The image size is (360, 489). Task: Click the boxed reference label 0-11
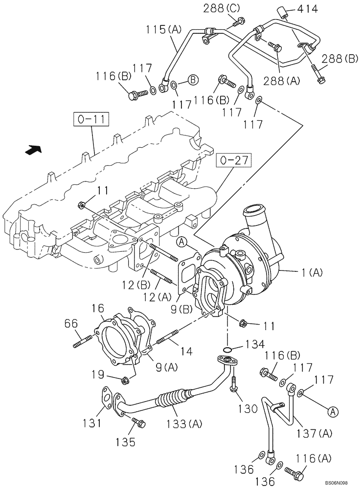91,119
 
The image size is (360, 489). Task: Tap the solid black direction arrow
34,150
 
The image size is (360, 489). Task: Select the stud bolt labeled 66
83,340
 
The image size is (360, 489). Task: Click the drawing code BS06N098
337,484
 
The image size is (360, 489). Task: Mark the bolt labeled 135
137,422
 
